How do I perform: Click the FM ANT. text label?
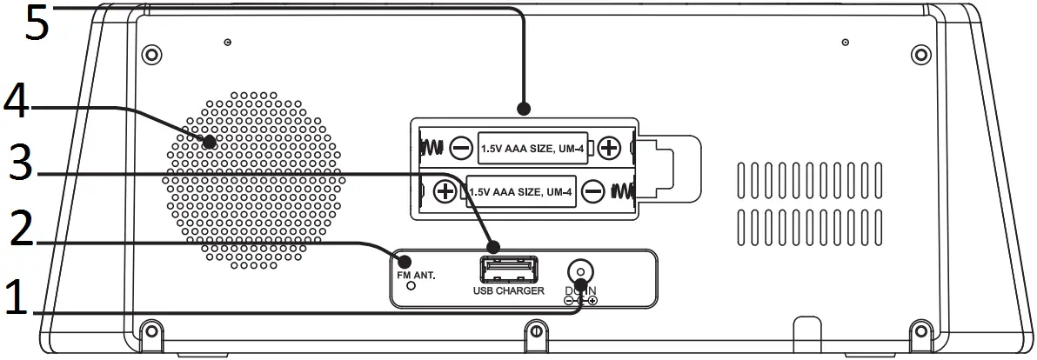point(414,274)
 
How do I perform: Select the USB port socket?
point(508,267)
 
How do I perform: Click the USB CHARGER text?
point(508,290)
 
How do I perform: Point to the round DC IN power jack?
point(579,270)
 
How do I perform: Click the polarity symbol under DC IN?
point(580,301)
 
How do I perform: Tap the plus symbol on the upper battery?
point(609,148)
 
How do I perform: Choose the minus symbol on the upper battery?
point(462,149)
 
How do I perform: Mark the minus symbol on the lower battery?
point(592,190)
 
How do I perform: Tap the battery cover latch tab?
point(670,164)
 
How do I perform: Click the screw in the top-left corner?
point(151,54)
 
